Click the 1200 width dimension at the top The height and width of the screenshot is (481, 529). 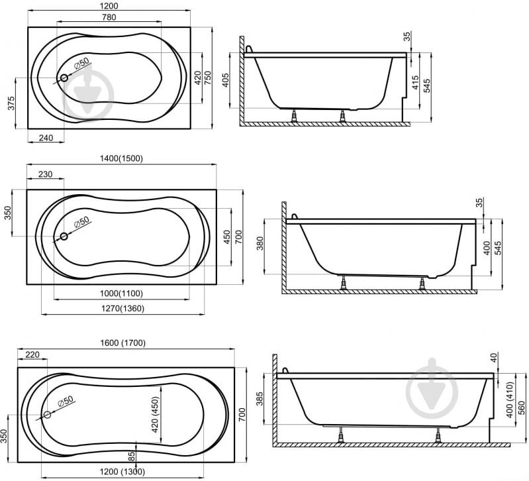109,6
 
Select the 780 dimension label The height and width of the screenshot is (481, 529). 109,17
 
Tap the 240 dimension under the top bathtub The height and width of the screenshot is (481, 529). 46,138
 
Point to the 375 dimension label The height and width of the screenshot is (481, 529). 11,103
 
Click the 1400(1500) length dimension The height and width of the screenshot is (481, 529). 121,158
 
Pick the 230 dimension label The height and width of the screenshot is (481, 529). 45,174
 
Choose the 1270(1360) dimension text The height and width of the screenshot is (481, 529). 122,308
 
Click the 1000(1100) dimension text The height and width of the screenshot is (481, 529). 121,294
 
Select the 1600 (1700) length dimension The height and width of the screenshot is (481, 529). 122,343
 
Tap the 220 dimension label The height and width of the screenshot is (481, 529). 32,354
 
